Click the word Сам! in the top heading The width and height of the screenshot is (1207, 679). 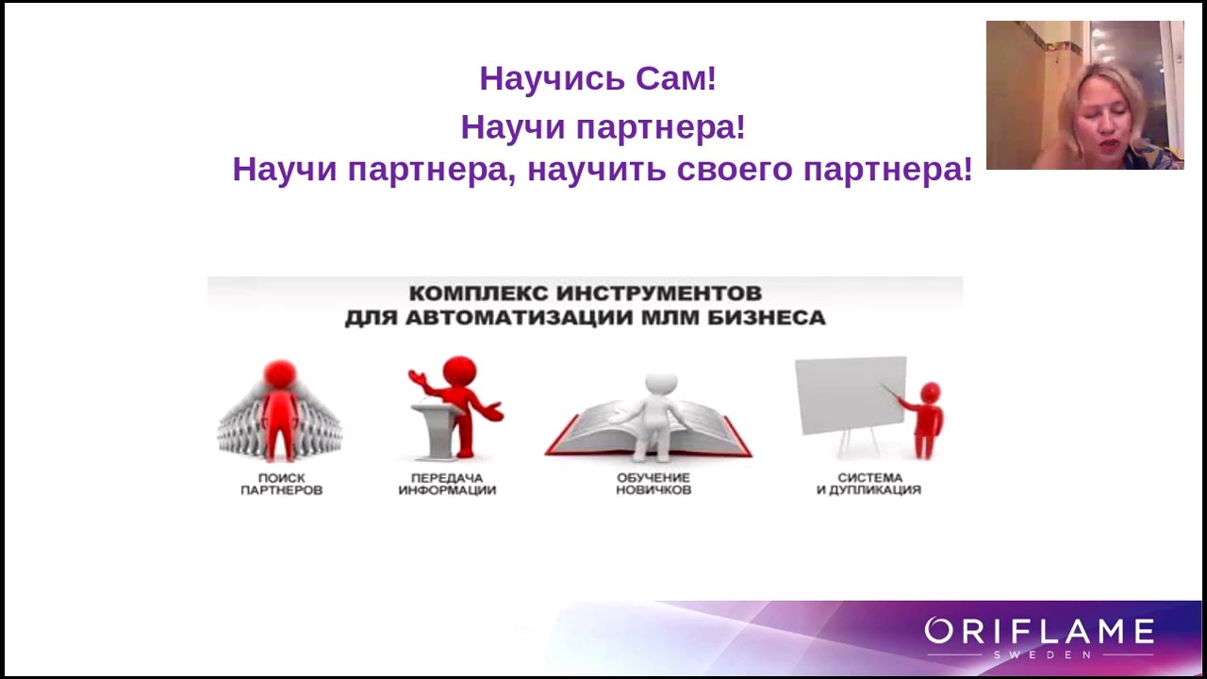676,78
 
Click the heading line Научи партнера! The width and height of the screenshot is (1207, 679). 603,127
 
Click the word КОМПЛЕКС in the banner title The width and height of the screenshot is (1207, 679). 478,293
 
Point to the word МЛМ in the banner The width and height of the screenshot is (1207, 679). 669,318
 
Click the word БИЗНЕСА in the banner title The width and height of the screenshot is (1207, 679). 767,318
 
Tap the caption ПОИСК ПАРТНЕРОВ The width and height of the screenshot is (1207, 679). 281,484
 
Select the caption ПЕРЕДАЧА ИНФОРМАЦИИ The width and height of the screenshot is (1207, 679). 447,484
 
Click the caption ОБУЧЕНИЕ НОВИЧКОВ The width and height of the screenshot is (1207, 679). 653,484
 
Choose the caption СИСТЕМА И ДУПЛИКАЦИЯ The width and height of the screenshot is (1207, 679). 868,484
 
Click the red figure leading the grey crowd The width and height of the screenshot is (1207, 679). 280,410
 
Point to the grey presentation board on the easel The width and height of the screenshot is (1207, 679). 851,394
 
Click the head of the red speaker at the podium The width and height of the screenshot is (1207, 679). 459,372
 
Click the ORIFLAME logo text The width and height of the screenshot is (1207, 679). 1039,631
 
